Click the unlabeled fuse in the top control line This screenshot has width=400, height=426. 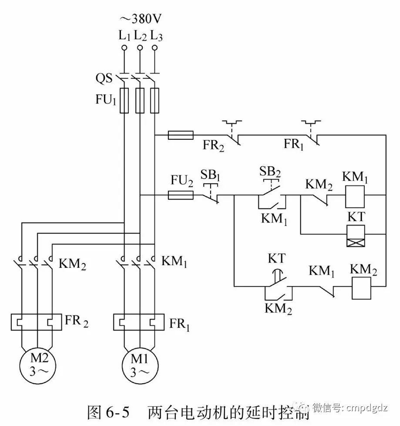point(181,136)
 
